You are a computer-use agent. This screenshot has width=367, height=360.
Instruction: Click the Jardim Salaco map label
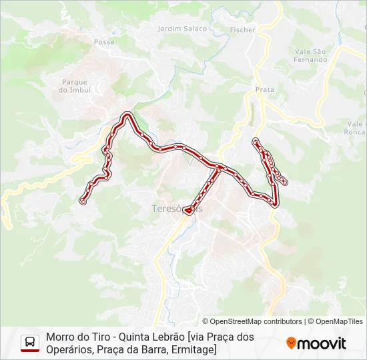coord(182,29)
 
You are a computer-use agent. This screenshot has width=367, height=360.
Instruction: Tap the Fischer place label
coord(242,30)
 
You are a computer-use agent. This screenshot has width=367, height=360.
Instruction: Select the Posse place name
coord(104,41)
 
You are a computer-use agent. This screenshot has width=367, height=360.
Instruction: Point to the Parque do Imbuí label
coord(74,86)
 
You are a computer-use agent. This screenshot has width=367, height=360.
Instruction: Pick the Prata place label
coord(265,89)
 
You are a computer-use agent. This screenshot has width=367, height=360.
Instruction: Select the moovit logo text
coord(322,343)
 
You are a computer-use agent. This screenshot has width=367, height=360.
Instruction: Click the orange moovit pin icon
coord(291,343)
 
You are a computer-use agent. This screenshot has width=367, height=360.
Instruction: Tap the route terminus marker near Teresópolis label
coord(188,211)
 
